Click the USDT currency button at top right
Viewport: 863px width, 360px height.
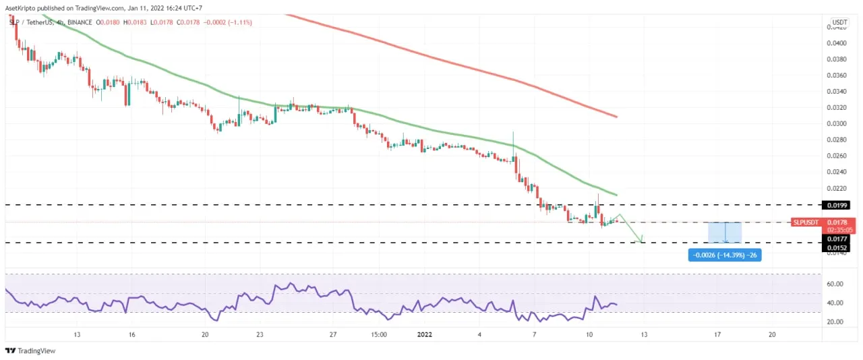[839, 22]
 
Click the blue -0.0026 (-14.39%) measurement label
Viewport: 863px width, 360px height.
[725, 255]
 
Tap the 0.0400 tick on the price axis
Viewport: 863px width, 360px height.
[837, 42]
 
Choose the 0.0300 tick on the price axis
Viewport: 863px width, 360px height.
[837, 123]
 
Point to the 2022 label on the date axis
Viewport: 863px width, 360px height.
[425, 334]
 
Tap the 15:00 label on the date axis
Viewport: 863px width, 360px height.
[378, 334]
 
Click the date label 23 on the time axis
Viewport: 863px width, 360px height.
[260, 334]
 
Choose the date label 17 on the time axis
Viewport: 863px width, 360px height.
[717, 334]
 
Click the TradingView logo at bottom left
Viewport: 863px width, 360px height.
[30, 351]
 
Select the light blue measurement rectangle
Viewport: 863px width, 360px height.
[725, 232]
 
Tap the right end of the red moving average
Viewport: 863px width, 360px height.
[616, 117]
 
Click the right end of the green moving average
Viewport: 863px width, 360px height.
[616, 195]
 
